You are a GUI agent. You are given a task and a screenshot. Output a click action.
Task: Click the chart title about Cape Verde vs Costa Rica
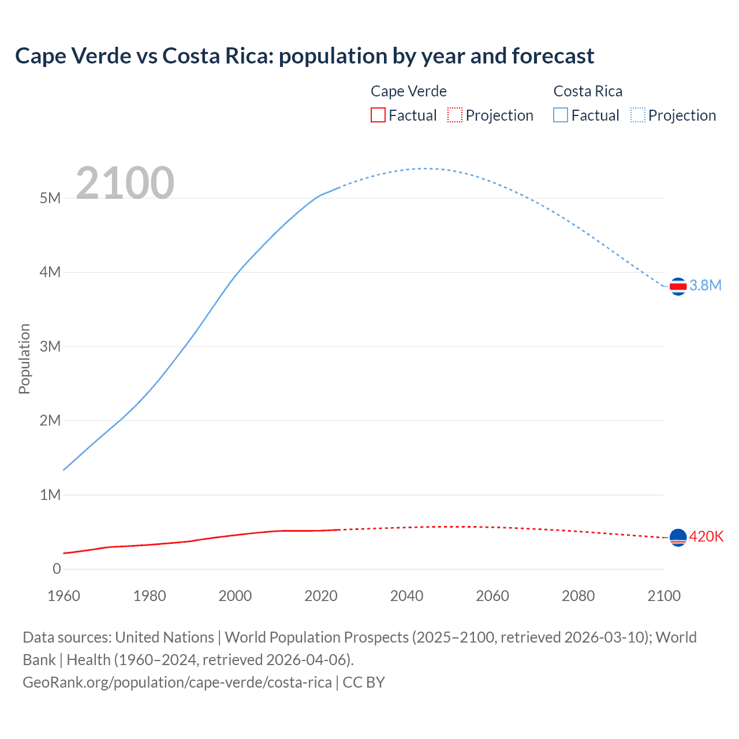pos(304,56)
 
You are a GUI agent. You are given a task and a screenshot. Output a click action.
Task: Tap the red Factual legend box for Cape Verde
pos(378,115)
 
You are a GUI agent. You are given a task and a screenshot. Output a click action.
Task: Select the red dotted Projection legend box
pos(455,115)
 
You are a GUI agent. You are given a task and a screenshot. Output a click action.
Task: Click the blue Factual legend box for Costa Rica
pos(561,115)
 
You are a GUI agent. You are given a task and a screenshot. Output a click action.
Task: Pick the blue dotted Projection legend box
pos(638,115)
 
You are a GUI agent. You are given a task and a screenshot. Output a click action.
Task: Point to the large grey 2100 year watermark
pos(125,183)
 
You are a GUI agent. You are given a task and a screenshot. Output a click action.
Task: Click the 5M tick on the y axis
pos(50,198)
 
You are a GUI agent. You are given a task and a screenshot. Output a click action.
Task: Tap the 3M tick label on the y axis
pos(50,346)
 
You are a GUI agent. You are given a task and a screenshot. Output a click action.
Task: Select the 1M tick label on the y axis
pos(50,495)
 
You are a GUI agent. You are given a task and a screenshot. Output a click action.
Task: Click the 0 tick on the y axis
pos(57,569)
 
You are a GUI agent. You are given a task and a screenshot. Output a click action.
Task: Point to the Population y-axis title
pos(24,359)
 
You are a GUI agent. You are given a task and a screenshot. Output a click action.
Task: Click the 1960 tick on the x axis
pos(64,596)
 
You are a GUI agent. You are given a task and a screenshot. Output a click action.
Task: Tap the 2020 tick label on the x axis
pos(321,596)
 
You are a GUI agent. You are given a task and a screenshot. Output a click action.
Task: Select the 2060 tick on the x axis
pos(492,596)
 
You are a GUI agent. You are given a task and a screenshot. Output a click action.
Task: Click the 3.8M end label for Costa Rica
pos(706,285)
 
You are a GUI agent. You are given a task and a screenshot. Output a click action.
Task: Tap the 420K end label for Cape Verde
pos(706,536)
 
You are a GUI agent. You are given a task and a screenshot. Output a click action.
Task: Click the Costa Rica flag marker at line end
pos(678,286)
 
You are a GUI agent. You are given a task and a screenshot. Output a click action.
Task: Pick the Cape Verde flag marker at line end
pos(678,538)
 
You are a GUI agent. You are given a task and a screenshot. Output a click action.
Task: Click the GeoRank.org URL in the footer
pos(177,682)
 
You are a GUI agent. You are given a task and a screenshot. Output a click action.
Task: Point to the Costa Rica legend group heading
pos(588,91)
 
